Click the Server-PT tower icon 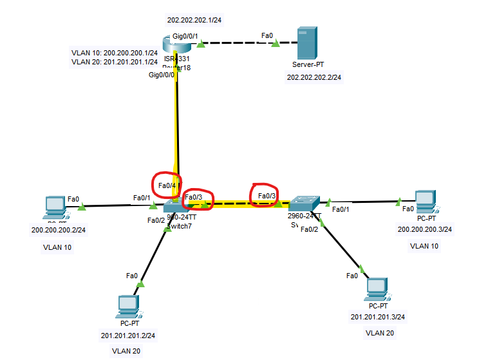(304, 44)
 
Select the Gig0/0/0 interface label (162, 75)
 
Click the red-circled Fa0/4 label (167, 186)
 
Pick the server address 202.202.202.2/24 (314, 77)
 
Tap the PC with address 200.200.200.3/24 (424, 202)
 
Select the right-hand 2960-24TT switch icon (303, 204)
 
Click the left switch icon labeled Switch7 (175, 206)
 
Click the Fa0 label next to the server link (267, 35)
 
